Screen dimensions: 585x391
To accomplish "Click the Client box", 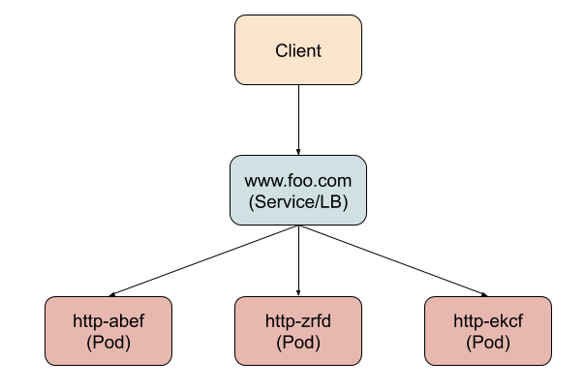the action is click(298, 50).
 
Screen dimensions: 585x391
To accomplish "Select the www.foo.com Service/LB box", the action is click(298, 190).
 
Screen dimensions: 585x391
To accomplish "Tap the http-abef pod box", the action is click(108, 331).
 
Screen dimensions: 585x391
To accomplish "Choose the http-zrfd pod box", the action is click(298, 331).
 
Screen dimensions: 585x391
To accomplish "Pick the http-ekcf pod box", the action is click(488, 331).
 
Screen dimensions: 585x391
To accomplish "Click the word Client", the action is click(298, 50).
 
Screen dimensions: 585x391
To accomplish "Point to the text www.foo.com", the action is click(298, 181).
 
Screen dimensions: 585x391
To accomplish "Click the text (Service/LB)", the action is click(298, 202).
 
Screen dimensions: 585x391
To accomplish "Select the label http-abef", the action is click(108, 321).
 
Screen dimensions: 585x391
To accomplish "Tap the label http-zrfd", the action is click(298, 321).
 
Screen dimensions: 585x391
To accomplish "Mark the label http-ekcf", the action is click(488, 321).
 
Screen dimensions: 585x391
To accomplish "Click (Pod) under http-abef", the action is click(108, 343).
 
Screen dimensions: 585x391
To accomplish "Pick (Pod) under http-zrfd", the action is click(298, 343).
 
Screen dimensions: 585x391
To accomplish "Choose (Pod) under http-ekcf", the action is click(488, 343).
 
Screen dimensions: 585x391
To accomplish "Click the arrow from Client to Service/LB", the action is click(298, 120).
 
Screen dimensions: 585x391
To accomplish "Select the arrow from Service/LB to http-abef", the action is click(203, 261).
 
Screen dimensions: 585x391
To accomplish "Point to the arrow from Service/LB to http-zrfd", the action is click(298, 260).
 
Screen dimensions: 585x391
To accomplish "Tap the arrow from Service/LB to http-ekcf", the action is click(393, 261).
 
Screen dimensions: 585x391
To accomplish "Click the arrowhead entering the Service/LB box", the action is click(298, 153).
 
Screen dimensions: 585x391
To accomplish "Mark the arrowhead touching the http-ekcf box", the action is click(484, 295).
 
